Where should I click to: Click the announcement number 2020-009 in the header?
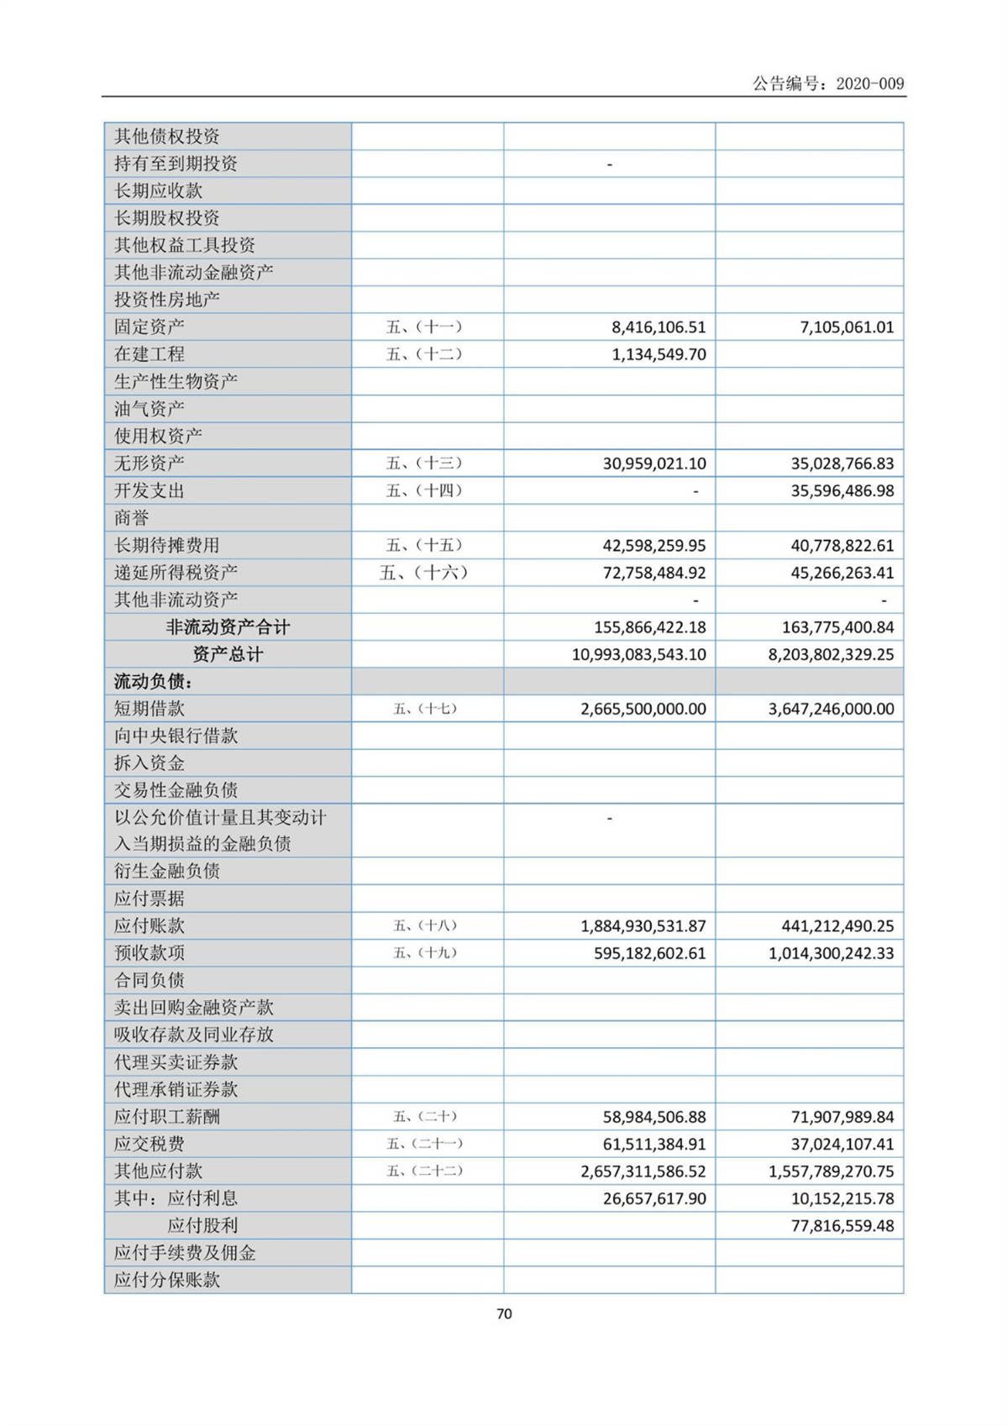tap(870, 83)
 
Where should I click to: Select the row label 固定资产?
tap(150, 327)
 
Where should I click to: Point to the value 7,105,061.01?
tap(847, 327)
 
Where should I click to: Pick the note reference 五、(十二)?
tap(424, 354)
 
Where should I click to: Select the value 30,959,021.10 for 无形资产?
tap(654, 464)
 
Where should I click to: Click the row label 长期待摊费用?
tap(167, 545)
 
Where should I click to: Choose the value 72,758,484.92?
tap(654, 573)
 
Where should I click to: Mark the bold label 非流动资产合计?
tap(228, 627)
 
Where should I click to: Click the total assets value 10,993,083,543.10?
tap(639, 654)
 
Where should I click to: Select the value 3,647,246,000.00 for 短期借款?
tap(831, 709)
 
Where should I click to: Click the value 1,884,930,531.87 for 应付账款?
tap(643, 926)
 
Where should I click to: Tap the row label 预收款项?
tap(150, 953)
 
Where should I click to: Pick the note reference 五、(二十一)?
tap(424, 1144)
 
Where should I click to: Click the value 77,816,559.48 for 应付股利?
tap(843, 1226)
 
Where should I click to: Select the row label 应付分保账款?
tap(167, 1280)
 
